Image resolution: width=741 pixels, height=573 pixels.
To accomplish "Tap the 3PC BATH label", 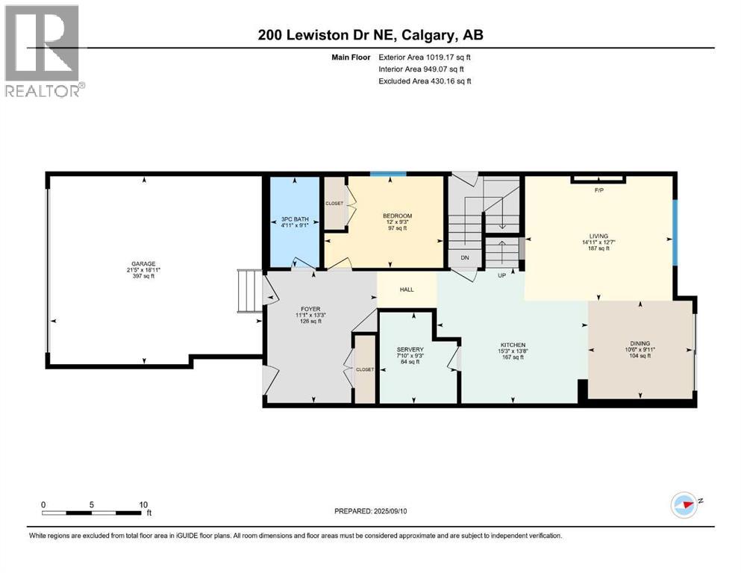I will (295, 219).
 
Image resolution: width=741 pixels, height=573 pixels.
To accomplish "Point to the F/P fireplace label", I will (598, 190).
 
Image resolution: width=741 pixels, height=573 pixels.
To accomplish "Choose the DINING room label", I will (640, 344).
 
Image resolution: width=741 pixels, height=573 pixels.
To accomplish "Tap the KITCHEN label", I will (513, 345).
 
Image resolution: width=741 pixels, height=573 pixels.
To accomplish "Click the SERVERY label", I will (410, 349).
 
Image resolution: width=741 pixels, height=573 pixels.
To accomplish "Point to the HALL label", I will (407, 289).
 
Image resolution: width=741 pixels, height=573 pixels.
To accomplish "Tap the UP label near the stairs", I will (503, 275).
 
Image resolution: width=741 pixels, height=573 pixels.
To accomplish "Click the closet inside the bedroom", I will (334, 202).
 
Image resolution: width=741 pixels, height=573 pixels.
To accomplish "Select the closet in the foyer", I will (365, 369).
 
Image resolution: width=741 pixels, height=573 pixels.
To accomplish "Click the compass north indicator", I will (684, 504).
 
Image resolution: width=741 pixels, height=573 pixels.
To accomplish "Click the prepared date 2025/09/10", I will (375, 511).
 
